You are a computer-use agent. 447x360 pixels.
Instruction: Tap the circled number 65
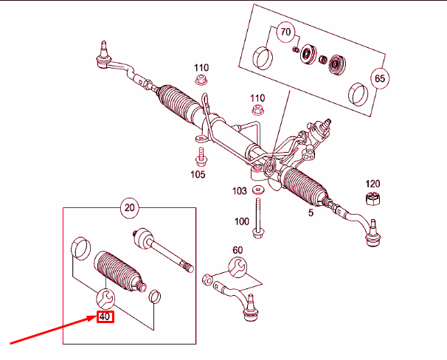[380, 77]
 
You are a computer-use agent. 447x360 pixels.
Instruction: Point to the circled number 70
[285, 32]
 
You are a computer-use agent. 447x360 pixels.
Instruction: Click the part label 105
[198, 175]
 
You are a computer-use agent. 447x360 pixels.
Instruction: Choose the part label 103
[239, 191]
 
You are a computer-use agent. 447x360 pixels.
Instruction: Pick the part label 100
[241, 221]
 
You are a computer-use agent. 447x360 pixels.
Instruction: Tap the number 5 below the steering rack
[311, 212]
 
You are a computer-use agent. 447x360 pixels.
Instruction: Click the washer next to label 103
[257, 191]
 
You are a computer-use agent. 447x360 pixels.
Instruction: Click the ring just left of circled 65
[359, 93]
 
